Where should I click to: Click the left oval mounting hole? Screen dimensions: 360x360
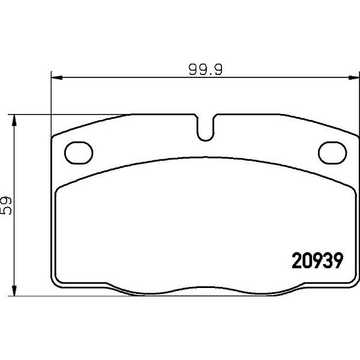(x=76, y=152)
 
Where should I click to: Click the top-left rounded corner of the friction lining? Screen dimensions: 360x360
(x=59, y=188)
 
